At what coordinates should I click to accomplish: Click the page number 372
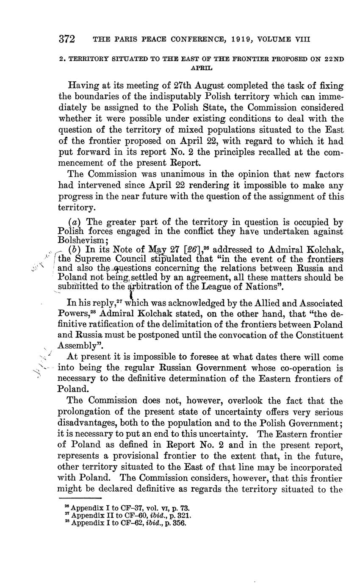[67, 39]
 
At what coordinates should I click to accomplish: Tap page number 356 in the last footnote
[180, 522]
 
